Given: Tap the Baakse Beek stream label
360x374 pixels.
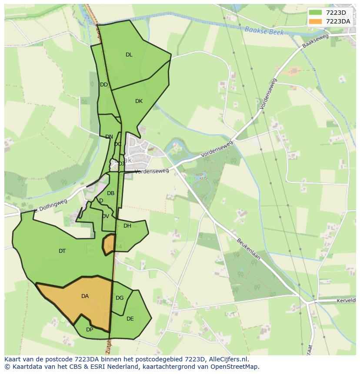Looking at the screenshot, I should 264,31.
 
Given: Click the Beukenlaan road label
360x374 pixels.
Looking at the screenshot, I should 249,249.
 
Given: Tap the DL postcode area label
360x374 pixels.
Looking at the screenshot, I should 129,55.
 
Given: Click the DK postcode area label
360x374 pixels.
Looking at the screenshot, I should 139,101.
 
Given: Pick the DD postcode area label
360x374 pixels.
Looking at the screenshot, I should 104,85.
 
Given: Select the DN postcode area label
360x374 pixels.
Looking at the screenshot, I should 109,137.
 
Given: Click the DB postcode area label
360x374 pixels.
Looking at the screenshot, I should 111,193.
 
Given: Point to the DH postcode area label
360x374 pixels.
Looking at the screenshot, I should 127,226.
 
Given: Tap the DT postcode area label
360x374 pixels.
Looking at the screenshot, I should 62,251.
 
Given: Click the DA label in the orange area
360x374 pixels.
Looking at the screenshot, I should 85,296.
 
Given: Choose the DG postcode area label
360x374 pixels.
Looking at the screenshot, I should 120,298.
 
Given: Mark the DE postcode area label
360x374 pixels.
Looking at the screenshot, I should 130,319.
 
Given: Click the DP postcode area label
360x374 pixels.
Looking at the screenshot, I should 90,330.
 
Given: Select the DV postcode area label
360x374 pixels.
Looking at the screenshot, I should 106,216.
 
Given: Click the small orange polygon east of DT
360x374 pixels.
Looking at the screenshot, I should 109,244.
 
